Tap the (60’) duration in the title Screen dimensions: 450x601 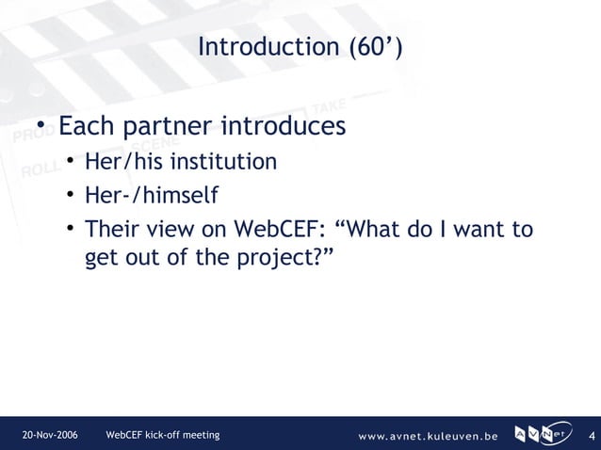(375, 47)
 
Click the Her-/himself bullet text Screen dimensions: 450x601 (151, 197)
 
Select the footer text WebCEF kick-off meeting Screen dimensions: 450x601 (163, 435)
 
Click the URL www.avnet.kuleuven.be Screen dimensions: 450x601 (429, 436)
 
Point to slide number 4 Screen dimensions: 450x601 (591, 436)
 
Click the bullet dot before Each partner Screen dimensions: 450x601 (42, 127)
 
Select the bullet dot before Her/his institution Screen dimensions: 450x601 (71, 164)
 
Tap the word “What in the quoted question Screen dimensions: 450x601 (366, 230)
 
